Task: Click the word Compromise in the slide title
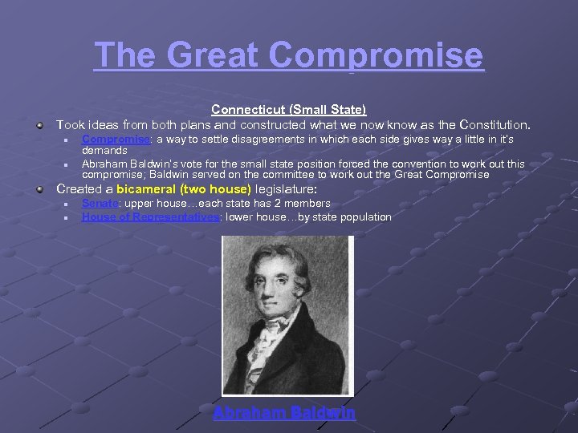377,55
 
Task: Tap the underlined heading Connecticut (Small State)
288,109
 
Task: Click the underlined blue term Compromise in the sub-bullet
116,140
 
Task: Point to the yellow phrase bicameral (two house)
184,190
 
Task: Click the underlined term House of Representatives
150,216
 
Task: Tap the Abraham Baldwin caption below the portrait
284,413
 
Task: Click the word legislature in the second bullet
285,190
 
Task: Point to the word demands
104,150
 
